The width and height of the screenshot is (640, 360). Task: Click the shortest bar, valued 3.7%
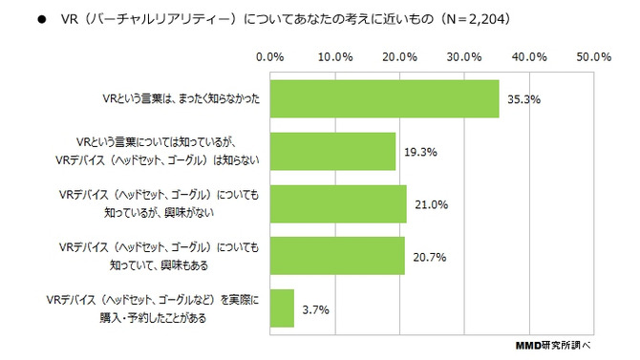pos(283,308)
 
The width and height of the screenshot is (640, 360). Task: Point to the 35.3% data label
pos(521,98)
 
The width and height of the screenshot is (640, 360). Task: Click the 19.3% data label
pos(416,151)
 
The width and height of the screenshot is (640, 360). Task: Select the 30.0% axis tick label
pos(465,57)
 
